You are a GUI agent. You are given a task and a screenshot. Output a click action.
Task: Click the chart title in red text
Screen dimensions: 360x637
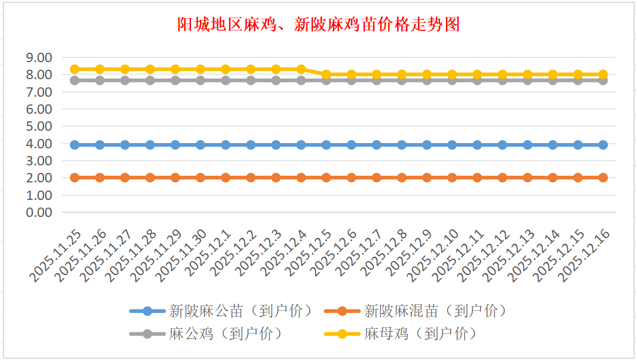pos(318,25)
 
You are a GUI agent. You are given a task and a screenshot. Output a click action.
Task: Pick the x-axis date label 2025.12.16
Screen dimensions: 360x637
pos(586,256)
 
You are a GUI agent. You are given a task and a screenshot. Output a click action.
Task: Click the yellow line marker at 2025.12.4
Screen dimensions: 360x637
pos(301,69)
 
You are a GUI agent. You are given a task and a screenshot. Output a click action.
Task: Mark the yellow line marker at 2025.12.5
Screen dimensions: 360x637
pos(326,74)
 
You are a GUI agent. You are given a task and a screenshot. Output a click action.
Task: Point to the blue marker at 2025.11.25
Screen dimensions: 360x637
pos(74,145)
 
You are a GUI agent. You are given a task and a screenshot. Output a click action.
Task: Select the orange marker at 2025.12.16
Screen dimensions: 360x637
pos(603,178)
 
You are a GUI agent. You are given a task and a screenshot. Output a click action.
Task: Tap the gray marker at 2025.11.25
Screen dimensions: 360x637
pos(74,80)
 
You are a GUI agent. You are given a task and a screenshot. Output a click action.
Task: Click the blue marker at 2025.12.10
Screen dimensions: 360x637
pos(452,145)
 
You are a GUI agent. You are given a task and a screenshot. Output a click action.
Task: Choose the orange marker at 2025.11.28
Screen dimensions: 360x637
pos(150,178)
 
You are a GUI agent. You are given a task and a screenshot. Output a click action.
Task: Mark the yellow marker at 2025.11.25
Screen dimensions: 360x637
pos(74,69)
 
